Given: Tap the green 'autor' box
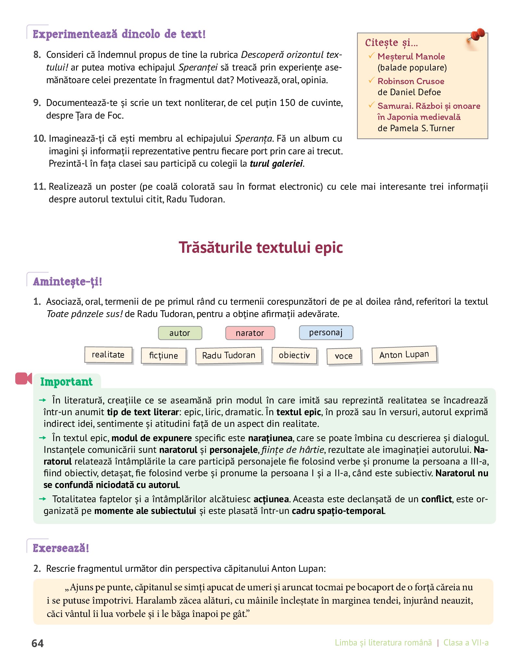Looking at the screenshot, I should [180, 333].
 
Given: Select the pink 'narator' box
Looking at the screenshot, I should [250, 333].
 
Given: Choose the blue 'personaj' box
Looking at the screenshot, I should [326, 333].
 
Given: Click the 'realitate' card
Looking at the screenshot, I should [108, 354].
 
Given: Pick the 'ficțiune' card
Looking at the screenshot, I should [164, 356].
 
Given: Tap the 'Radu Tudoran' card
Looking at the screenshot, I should [229, 356].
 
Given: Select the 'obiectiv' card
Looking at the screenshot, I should [294, 355].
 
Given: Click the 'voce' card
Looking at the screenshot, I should [343, 356].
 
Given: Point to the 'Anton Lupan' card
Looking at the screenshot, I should [404, 355].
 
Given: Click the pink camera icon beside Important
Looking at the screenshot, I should [23, 378].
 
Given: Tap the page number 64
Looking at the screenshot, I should [38, 644].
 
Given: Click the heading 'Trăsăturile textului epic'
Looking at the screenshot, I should [261, 248].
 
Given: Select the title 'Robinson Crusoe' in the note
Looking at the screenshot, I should [411, 81].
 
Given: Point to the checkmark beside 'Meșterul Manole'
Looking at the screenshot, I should [371, 56].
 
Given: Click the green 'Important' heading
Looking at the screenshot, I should [66, 382].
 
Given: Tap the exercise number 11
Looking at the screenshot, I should [39, 186].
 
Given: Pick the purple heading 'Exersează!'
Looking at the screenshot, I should [61, 548].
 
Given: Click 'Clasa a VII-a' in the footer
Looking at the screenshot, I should [466, 643].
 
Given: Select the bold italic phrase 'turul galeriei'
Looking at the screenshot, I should [276, 164].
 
